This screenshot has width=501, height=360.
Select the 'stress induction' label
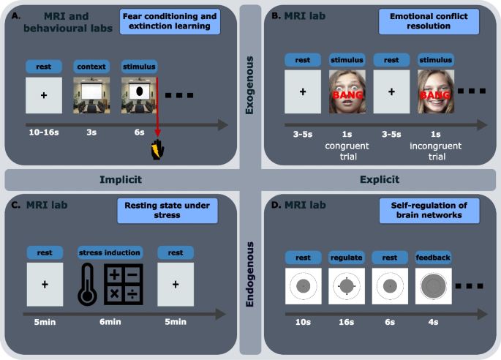click(110, 252)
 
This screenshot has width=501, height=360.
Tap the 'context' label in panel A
click(91, 67)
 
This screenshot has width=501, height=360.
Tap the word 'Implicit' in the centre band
click(120, 178)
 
